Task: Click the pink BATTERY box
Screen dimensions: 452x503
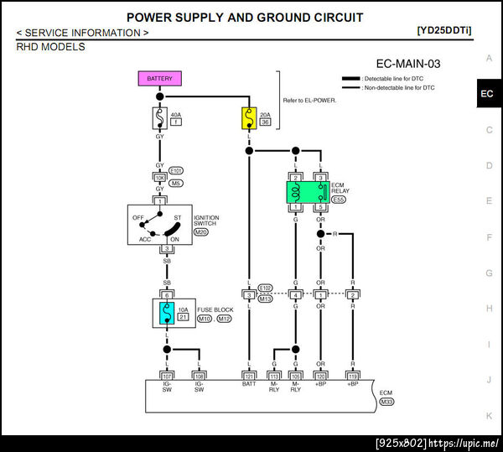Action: [x=159, y=79]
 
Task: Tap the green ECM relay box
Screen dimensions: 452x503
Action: [x=307, y=192]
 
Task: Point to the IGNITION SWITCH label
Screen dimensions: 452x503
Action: [x=206, y=221]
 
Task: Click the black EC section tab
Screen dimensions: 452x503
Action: [x=487, y=94]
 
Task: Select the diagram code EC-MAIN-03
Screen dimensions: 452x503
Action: [x=409, y=64]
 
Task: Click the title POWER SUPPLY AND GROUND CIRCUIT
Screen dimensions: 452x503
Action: [x=245, y=18]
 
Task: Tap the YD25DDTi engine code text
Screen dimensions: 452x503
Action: [x=443, y=31]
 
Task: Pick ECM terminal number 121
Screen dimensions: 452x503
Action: [x=249, y=376]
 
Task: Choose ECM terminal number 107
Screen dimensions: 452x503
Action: [x=167, y=376]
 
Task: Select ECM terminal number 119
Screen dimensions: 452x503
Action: [x=353, y=376]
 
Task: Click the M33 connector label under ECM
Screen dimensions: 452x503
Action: [x=386, y=402]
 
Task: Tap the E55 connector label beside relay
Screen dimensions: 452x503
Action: [x=339, y=200]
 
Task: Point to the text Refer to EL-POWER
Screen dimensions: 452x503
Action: [x=310, y=101]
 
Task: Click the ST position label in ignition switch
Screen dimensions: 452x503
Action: [x=177, y=217]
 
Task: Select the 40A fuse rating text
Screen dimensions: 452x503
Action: [x=176, y=114]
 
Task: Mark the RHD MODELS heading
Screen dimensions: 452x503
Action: [x=50, y=47]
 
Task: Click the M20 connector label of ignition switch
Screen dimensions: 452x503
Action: [x=201, y=231]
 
